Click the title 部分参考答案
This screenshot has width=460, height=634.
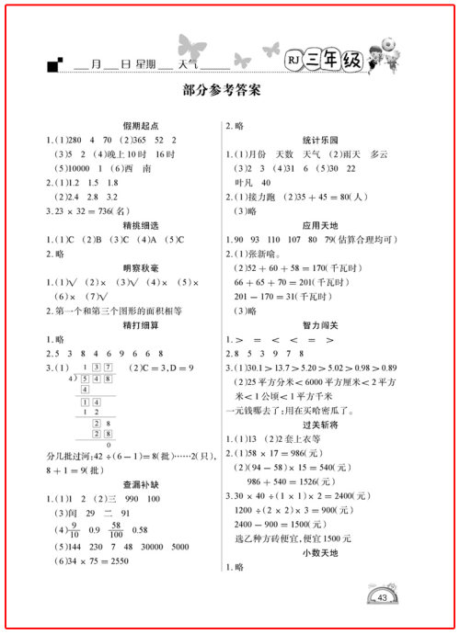click(x=223, y=91)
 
